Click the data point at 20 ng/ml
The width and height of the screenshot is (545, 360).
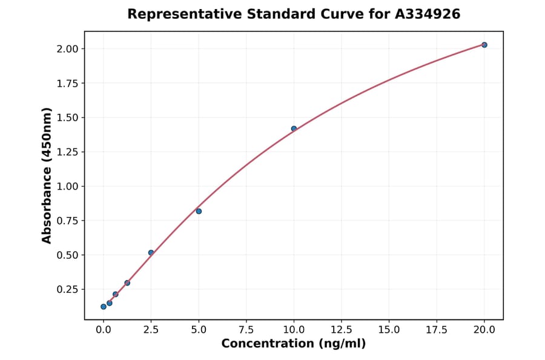pos(484,45)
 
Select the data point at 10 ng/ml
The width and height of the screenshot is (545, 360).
pos(294,128)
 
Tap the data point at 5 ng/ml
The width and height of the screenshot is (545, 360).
pos(199,211)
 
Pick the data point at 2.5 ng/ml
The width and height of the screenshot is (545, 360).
pos(151,253)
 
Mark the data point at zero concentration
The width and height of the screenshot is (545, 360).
pos(104,307)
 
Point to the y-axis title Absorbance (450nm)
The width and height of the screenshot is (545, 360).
pos(47,175)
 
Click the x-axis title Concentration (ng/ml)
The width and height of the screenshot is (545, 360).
pos(294,344)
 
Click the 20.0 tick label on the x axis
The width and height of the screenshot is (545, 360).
pos(484,329)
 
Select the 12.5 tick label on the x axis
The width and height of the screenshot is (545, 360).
pos(342,329)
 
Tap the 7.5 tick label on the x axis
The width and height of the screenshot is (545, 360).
pos(246,329)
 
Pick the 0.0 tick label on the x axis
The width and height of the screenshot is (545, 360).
pos(104,329)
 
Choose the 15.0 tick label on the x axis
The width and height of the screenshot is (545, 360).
pos(389,329)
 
